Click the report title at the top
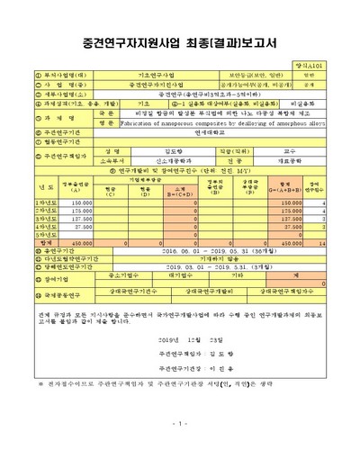coord(180,41)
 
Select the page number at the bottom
coord(180,423)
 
